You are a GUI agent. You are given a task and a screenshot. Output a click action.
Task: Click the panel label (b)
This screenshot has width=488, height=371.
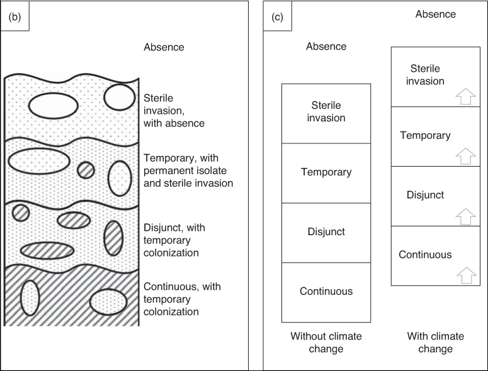click(14, 18)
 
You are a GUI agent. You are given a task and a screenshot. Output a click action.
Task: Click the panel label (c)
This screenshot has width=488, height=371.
click(277, 18)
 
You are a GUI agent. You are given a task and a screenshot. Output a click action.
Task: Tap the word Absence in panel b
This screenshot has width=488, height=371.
click(164, 47)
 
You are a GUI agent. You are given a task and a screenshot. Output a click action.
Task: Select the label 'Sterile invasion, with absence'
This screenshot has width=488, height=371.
click(174, 111)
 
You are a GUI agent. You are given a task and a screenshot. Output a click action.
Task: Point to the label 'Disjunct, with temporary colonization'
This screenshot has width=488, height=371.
click(171, 240)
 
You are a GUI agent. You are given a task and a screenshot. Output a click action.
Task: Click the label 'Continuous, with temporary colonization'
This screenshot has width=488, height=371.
click(182, 299)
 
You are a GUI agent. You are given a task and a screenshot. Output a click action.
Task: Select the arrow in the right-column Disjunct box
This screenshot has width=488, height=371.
click(463, 216)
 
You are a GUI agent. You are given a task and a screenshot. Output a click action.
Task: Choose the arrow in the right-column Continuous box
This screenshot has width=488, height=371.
click(463, 275)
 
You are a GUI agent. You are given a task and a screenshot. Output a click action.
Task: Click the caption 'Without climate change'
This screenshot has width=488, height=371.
click(326, 343)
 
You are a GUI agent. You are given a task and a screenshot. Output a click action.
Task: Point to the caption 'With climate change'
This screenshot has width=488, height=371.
click(435, 343)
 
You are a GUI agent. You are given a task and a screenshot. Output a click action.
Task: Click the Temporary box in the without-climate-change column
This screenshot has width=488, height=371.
click(326, 172)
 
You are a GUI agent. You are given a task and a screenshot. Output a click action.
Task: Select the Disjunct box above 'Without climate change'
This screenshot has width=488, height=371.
click(326, 232)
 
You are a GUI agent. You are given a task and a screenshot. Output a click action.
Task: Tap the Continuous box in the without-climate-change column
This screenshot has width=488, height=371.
click(326, 291)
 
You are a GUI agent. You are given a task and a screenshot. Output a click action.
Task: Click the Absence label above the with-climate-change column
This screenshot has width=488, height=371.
click(435, 14)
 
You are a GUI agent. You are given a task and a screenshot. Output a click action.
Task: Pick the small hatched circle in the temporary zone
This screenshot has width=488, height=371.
click(86, 170)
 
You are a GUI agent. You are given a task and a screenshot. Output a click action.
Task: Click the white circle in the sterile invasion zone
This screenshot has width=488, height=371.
click(119, 97)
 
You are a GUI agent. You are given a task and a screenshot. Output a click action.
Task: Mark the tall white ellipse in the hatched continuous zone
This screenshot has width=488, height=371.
click(30, 297)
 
